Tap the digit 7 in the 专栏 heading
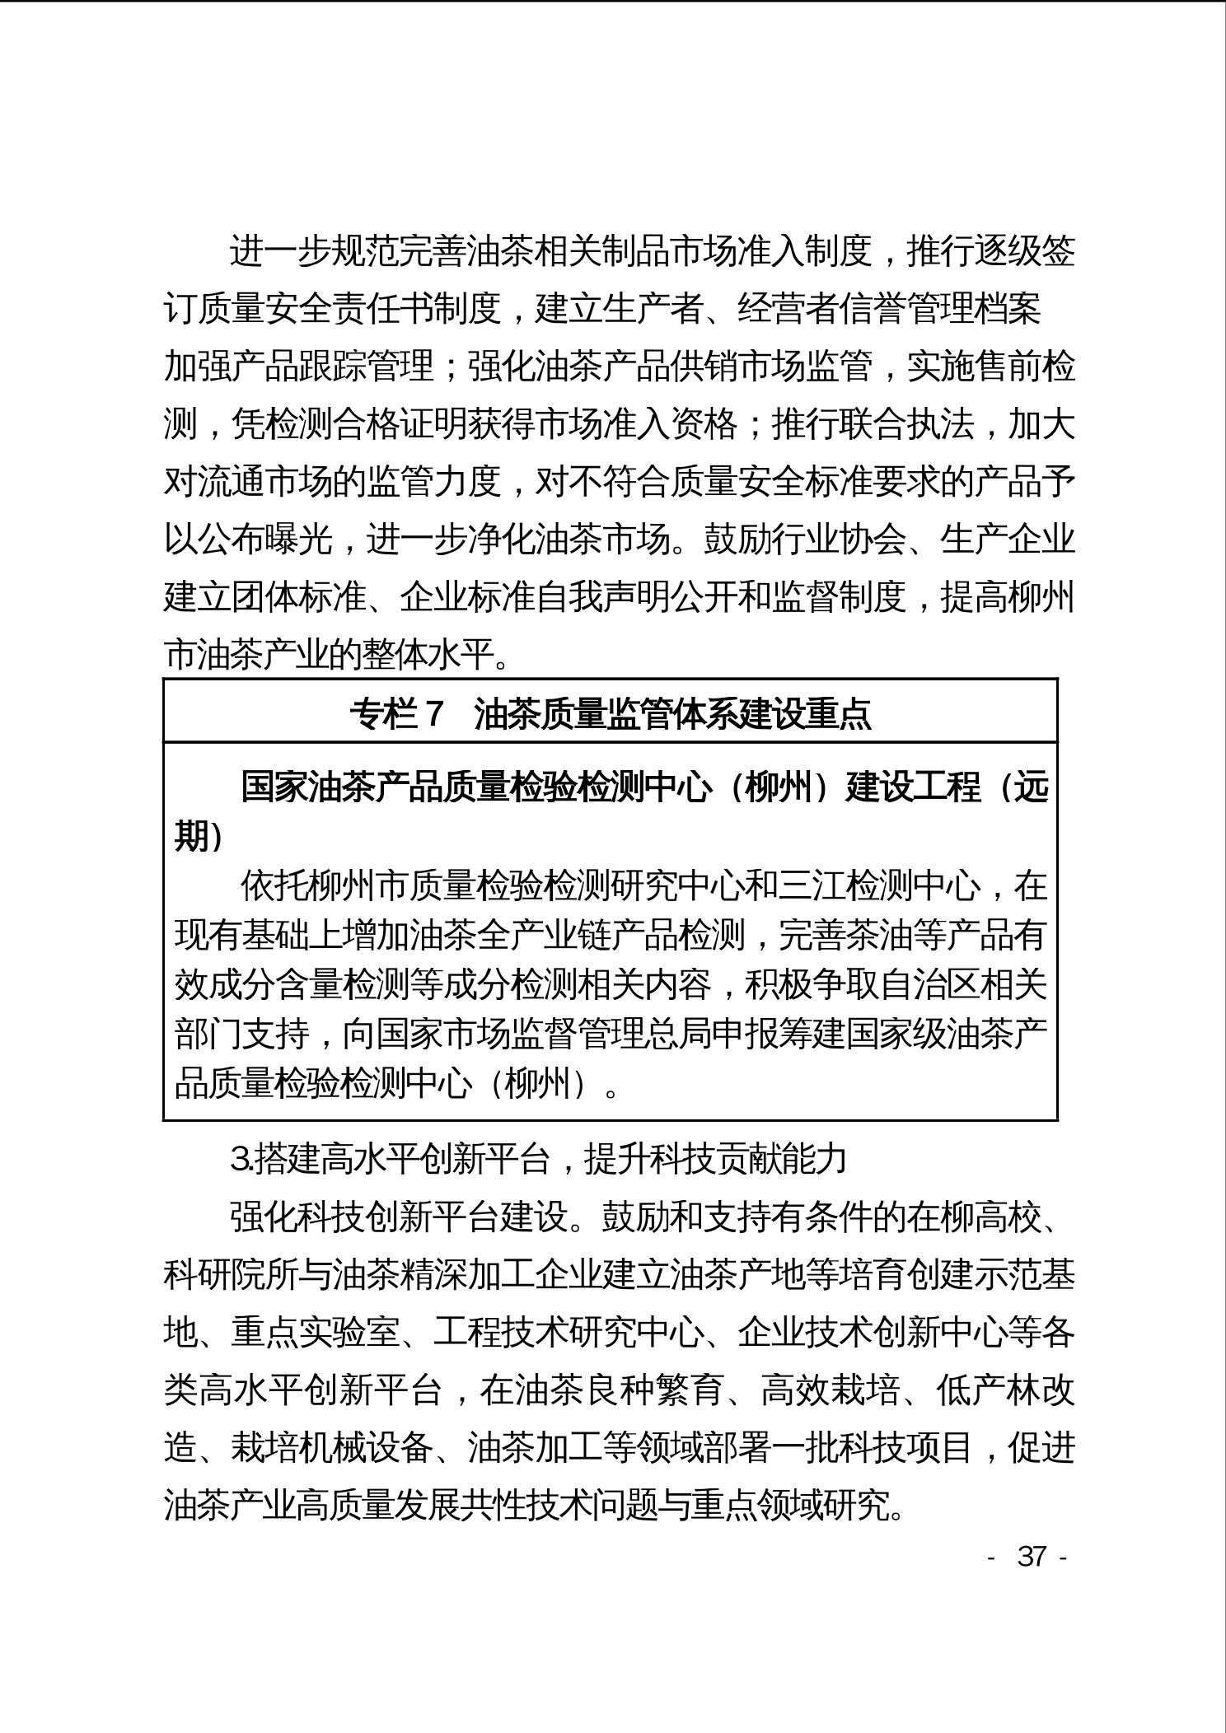[x=434, y=713]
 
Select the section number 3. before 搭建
[x=241, y=1160]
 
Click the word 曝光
[x=299, y=540]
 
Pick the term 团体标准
[x=299, y=597]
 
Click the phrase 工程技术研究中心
[x=569, y=1332]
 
